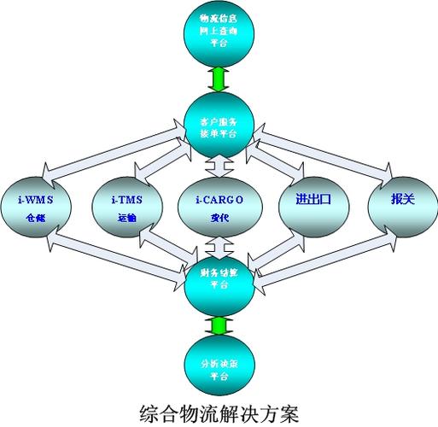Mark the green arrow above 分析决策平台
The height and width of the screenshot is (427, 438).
218,326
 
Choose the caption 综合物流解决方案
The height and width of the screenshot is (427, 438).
219,413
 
